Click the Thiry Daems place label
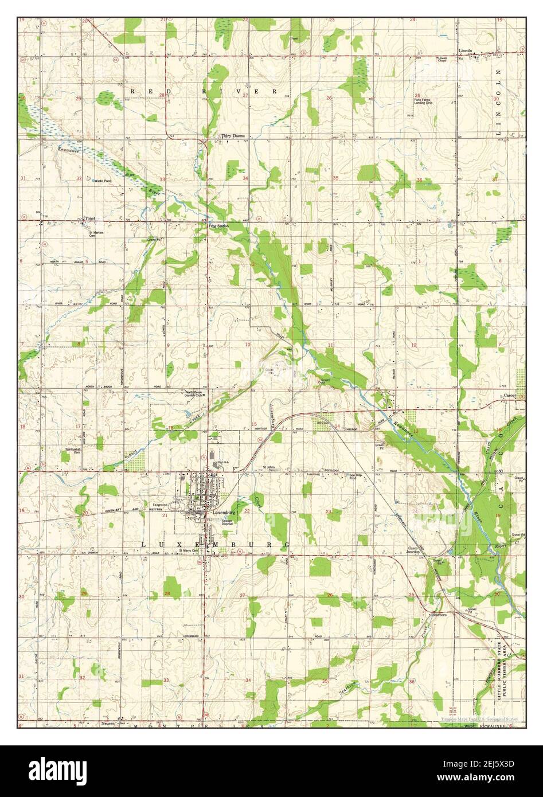pyautogui.click(x=233, y=136)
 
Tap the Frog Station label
pyautogui.click(x=218, y=226)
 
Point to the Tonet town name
pyautogui.click(x=89, y=218)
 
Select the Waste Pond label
pyautogui.click(x=103, y=181)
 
